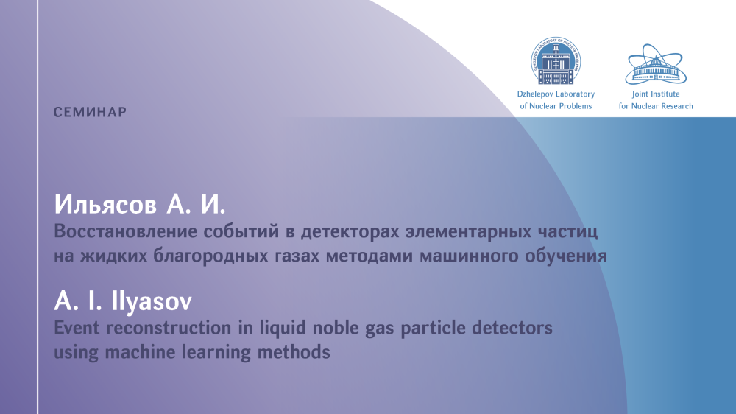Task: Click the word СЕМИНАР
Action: coord(90,112)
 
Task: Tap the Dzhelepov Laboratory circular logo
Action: coord(556,61)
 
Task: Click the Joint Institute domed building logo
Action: coord(656,64)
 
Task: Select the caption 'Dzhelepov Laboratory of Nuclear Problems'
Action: coord(556,100)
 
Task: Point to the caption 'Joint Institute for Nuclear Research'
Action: coord(656,100)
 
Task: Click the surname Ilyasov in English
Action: coord(151,302)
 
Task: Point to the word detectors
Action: coord(512,328)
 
